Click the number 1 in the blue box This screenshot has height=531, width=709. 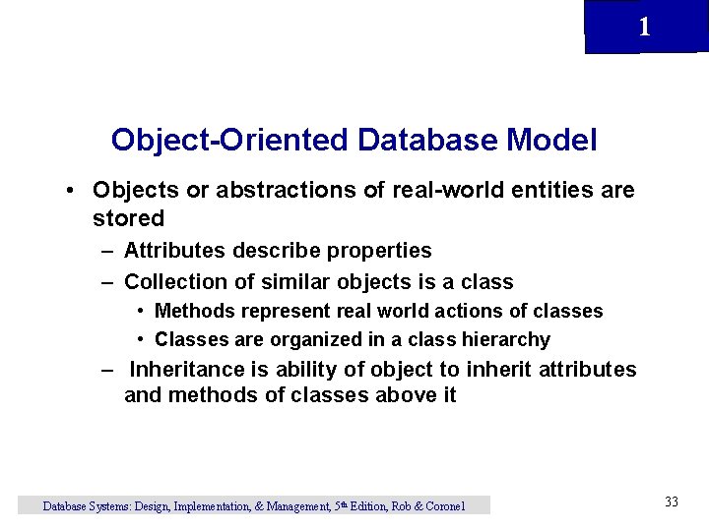[644, 28]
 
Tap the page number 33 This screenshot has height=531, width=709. [672, 502]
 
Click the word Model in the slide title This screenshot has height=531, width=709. [551, 141]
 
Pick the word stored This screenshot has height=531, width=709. [128, 218]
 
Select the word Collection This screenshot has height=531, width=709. [175, 282]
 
